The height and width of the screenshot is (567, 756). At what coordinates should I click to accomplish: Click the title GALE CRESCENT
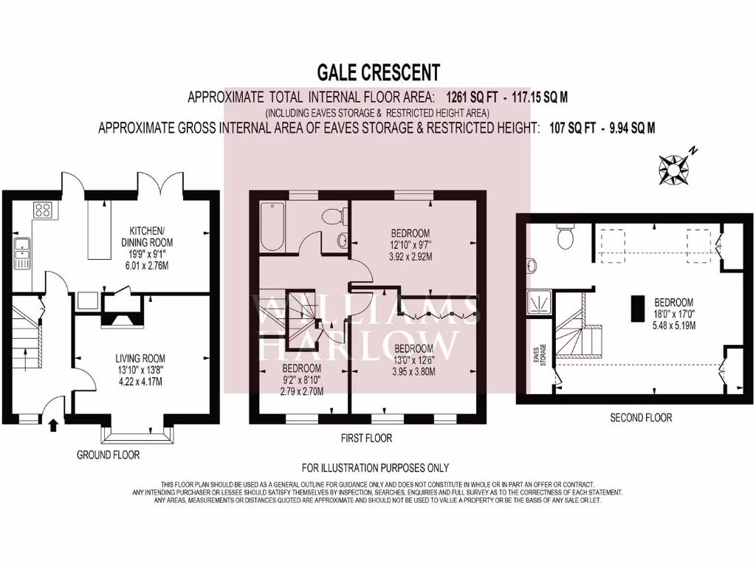point(378,72)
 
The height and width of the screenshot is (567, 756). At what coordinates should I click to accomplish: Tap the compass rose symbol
point(674,168)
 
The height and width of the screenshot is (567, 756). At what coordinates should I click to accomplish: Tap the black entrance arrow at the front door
point(52,425)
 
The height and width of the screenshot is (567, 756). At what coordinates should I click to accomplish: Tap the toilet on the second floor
point(567,238)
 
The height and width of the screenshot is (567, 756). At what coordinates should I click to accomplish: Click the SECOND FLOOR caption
point(640,418)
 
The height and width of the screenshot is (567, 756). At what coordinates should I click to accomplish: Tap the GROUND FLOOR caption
point(108,455)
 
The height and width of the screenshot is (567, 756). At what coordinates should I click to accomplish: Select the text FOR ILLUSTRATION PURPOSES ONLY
point(375,468)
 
